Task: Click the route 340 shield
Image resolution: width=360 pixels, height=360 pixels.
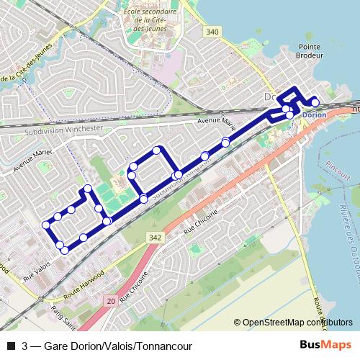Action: tap(211, 32)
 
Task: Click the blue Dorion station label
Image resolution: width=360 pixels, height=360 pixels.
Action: tap(312, 115)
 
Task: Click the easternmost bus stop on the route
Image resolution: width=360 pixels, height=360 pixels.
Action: tap(315, 103)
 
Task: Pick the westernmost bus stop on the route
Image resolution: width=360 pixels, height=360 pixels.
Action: tap(46, 225)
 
